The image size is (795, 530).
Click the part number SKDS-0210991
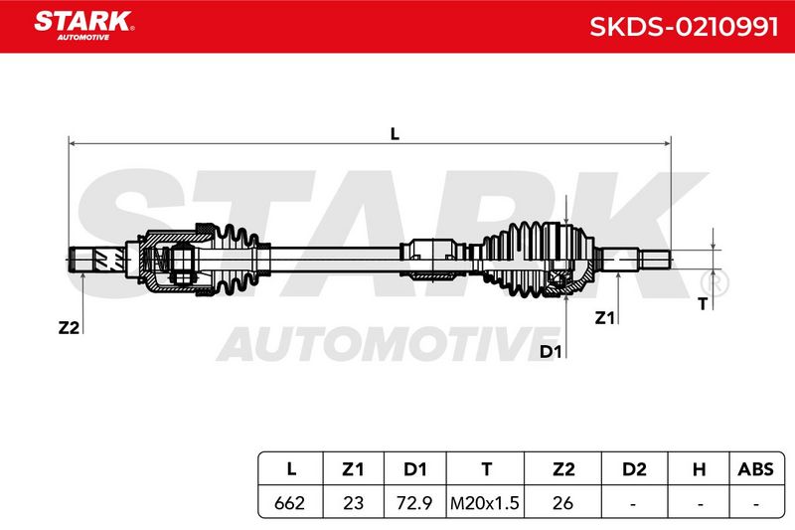[x=684, y=27]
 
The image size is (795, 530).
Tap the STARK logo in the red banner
[x=83, y=25]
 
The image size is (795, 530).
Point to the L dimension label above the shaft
[x=395, y=134]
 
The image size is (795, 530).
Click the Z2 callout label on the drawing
[x=69, y=327]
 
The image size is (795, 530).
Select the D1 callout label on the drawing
[x=551, y=351]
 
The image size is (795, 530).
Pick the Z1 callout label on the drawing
[x=604, y=318]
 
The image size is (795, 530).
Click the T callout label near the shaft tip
[x=703, y=304]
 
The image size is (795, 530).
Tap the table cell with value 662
[x=289, y=503]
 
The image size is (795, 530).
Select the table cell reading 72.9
[x=414, y=503]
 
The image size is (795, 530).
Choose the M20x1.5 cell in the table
[x=485, y=503]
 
